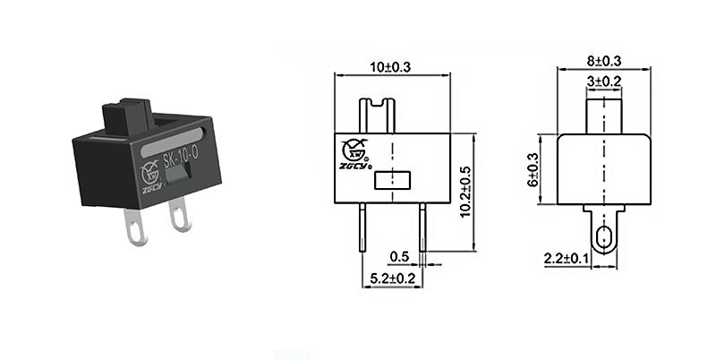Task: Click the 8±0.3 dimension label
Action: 604,61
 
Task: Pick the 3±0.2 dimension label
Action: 605,81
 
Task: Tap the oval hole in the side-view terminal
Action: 605,239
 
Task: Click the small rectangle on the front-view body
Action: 390,181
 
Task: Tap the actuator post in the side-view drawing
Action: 605,112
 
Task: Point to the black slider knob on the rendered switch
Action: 126,116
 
